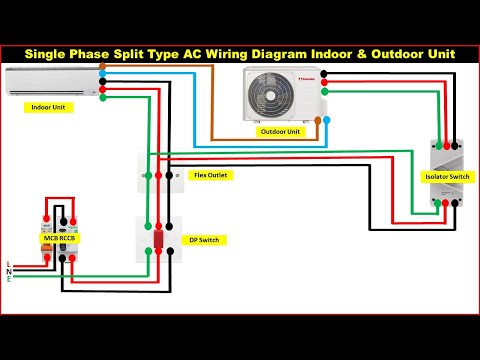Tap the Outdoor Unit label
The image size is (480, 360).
[x=281, y=132]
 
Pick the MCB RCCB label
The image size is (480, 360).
[x=59, y=238]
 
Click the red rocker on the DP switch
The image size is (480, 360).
[x=158, y=240]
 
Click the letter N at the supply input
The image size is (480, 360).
[x=9, y=271]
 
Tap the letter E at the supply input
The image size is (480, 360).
[x=9, y=279]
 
